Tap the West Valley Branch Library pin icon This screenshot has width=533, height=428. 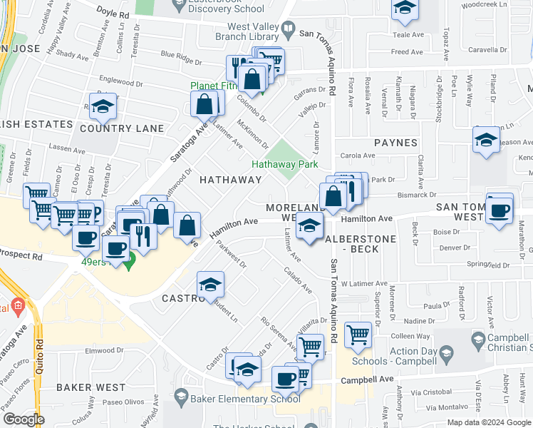289,30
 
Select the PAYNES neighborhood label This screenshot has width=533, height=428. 395,143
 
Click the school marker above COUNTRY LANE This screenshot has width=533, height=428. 103,107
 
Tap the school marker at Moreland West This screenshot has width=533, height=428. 309,228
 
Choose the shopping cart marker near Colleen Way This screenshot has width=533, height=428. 358,334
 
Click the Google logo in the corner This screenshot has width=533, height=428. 24,419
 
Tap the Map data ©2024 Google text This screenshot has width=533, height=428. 488,422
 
